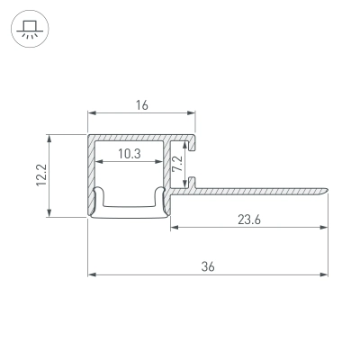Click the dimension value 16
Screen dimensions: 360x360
click(x=142, y=105)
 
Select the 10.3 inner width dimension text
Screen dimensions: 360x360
click(x=130, y=154)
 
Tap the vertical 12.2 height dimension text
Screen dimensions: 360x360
click(x=41, y=175)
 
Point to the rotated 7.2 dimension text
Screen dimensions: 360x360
click(x=177, y=163)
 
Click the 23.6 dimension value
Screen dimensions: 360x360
click(x=249, y=220)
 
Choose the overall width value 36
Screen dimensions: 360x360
click(x=208, y=266)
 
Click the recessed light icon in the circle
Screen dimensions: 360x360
click(x=30, y=29)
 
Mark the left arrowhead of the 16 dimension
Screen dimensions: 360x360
click(x=92, y=113)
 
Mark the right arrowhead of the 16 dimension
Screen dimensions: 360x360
click(x=192, y=113)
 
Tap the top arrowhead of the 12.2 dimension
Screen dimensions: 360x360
click(x=49, y=139)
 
